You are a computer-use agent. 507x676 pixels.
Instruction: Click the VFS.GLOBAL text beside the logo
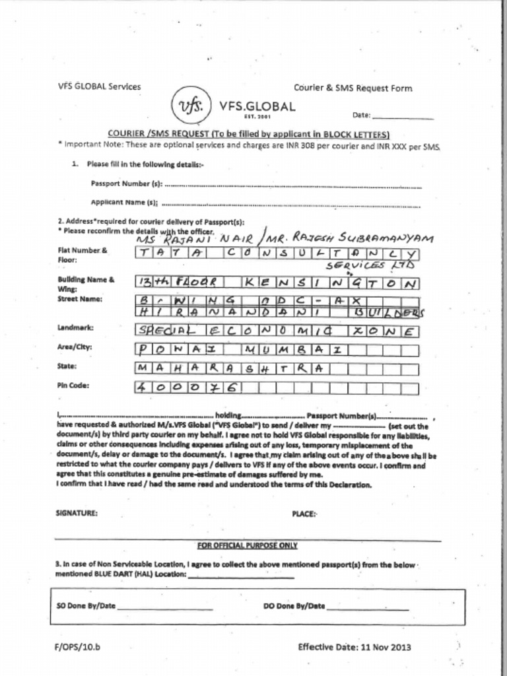point(257,106)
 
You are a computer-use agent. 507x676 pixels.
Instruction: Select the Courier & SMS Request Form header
point(353,88)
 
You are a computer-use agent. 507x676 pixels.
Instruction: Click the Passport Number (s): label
point(126,184)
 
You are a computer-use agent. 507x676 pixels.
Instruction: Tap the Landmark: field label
point(76,327)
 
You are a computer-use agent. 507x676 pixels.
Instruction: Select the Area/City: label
point(75,347)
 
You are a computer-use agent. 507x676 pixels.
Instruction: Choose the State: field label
point(67,366)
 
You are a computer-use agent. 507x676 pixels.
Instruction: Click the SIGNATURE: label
point(77,512)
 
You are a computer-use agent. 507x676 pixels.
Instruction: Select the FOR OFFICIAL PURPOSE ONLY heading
point(247,545)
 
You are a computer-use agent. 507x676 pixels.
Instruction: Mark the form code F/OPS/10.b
point(77,647)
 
